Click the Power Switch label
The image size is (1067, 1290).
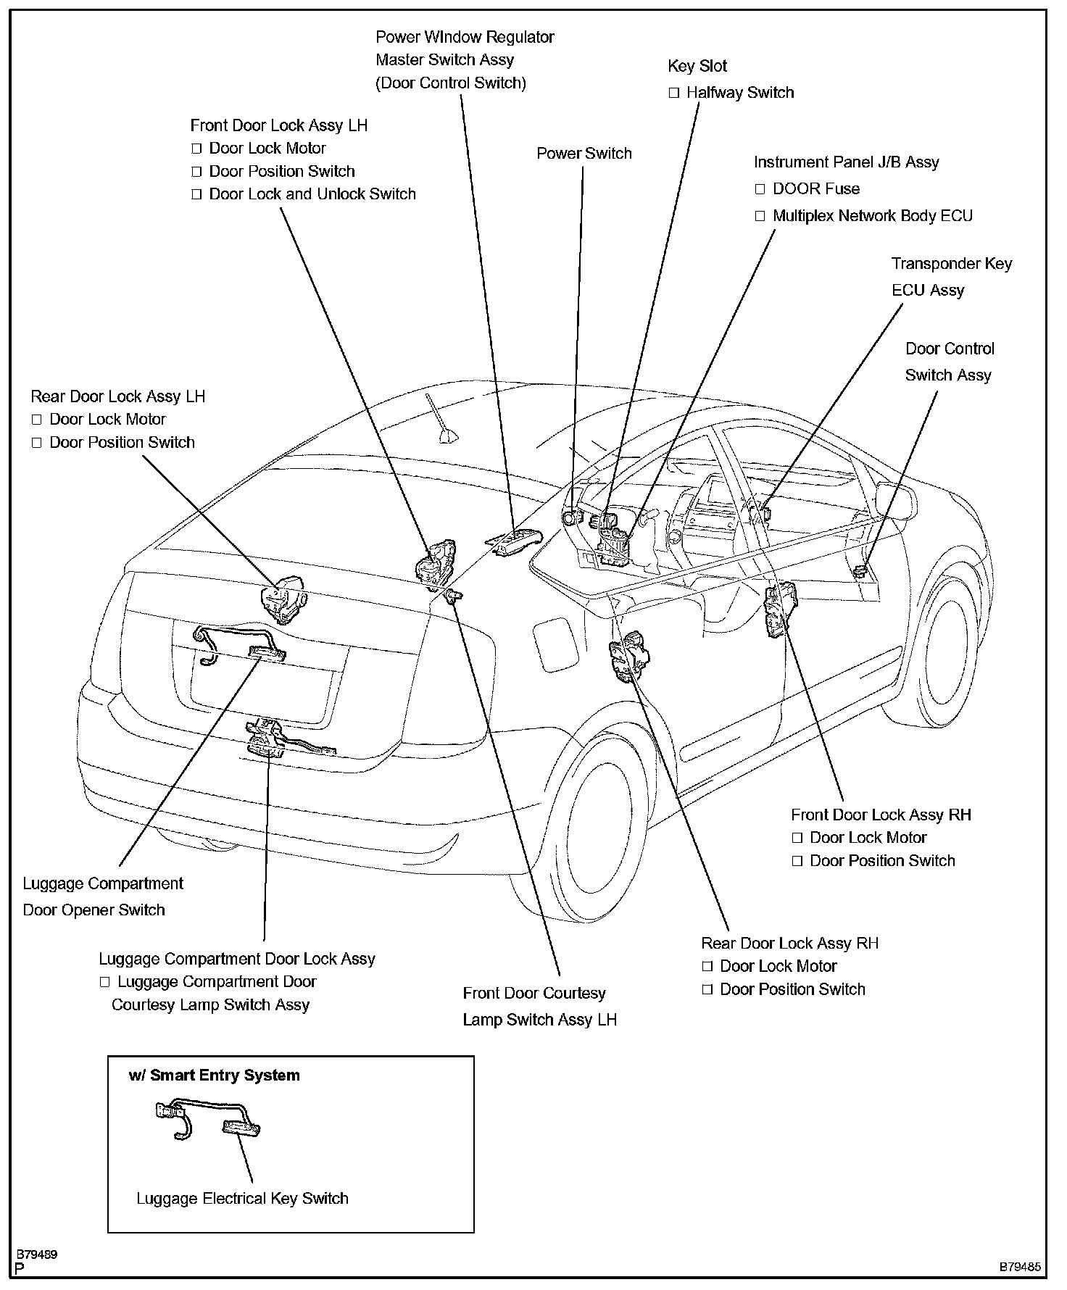tap(584, 154)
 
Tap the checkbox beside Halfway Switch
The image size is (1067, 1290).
tap(674, 93)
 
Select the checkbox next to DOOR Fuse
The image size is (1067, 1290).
tap(760, 189)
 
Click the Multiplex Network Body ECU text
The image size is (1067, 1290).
tap(872, 216)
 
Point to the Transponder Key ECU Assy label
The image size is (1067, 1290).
tap(950, 277)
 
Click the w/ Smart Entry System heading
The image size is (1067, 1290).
tap(214, 1075)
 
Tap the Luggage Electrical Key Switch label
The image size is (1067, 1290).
tap(242, 1199)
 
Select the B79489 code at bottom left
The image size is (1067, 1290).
tap(38, 1254)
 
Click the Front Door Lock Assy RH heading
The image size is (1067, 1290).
tap(881, 815)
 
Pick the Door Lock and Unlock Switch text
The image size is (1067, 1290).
tap(312, 194)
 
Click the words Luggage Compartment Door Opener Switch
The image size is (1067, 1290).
tap(103, 896)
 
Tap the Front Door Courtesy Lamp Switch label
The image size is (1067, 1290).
tap(539, 1007)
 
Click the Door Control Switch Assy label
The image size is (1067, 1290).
tap(949, 362)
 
